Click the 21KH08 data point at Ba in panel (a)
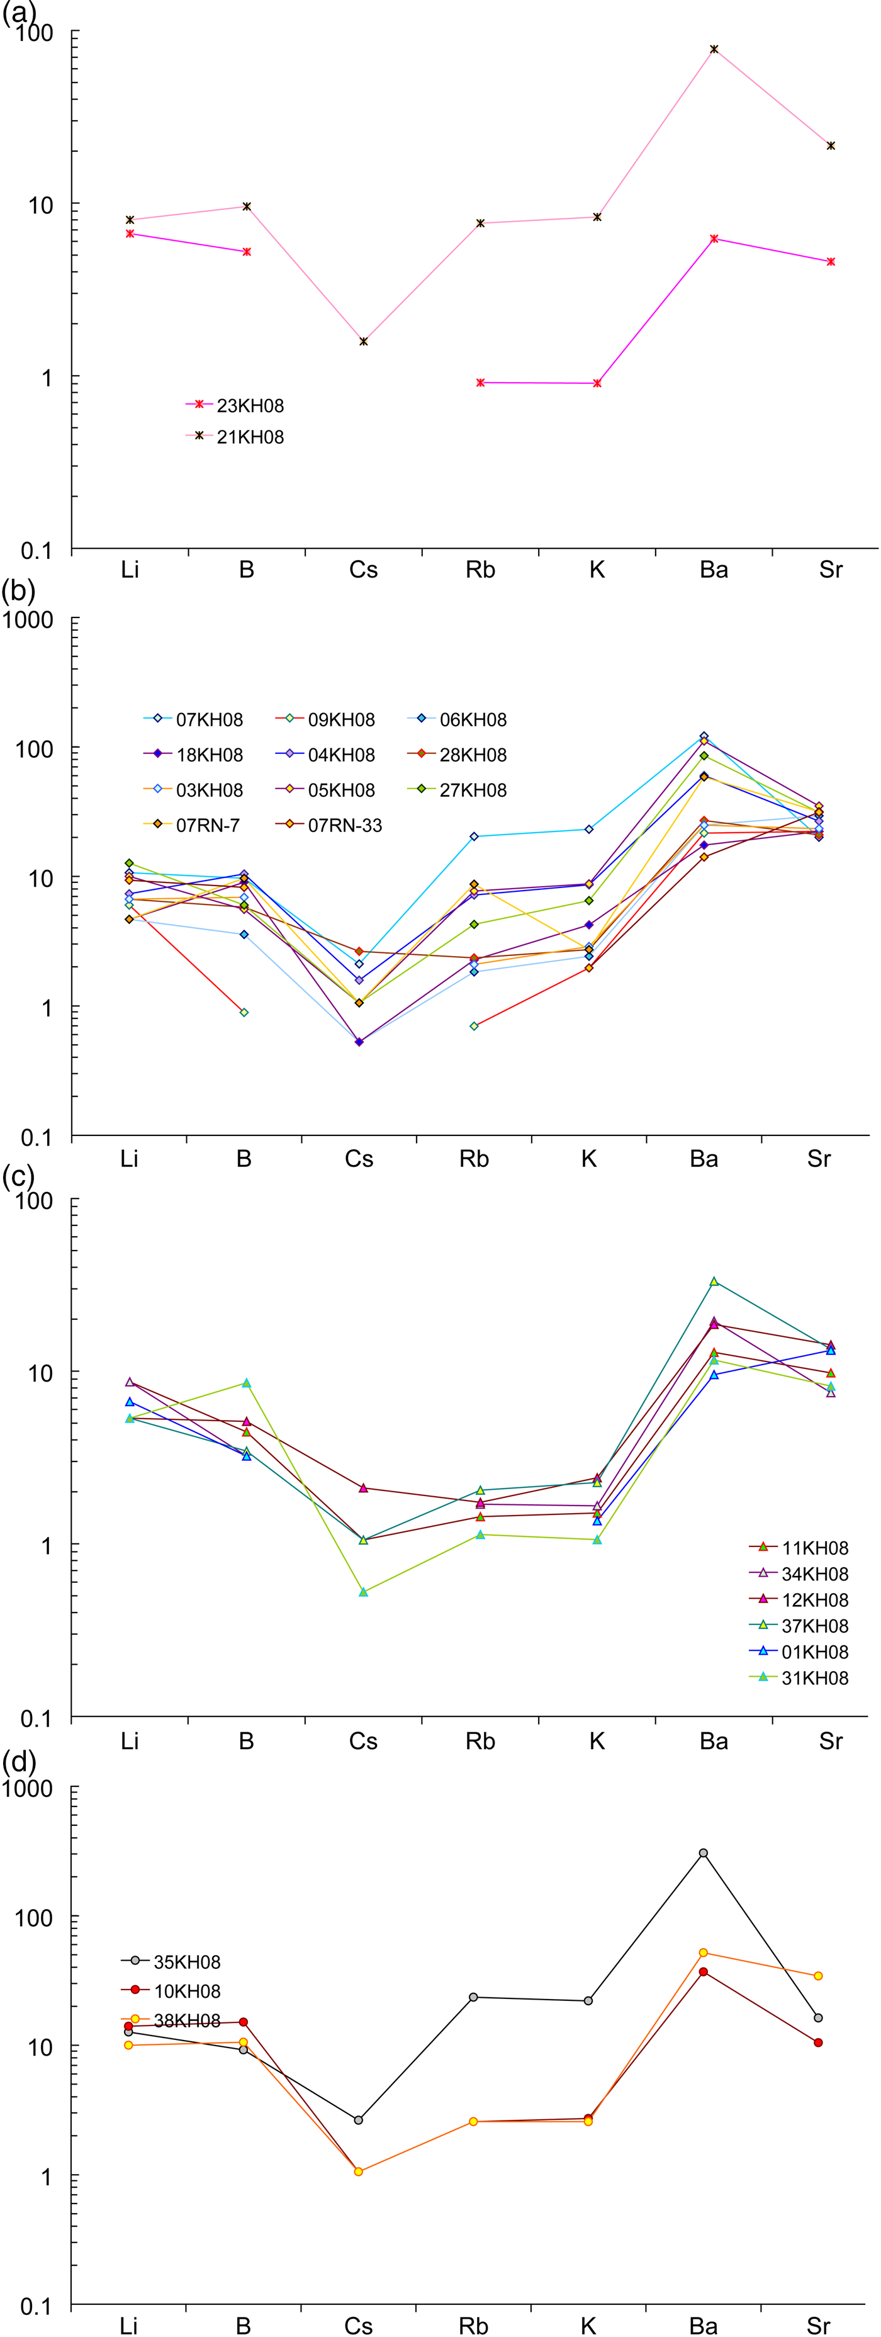(714, 49)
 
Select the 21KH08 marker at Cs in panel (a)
(363, 342)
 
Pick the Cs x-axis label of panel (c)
(363, 1741)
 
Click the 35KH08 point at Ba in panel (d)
(703, 1854)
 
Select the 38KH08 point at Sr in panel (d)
(819, 1976)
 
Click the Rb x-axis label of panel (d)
(474, 2325)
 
